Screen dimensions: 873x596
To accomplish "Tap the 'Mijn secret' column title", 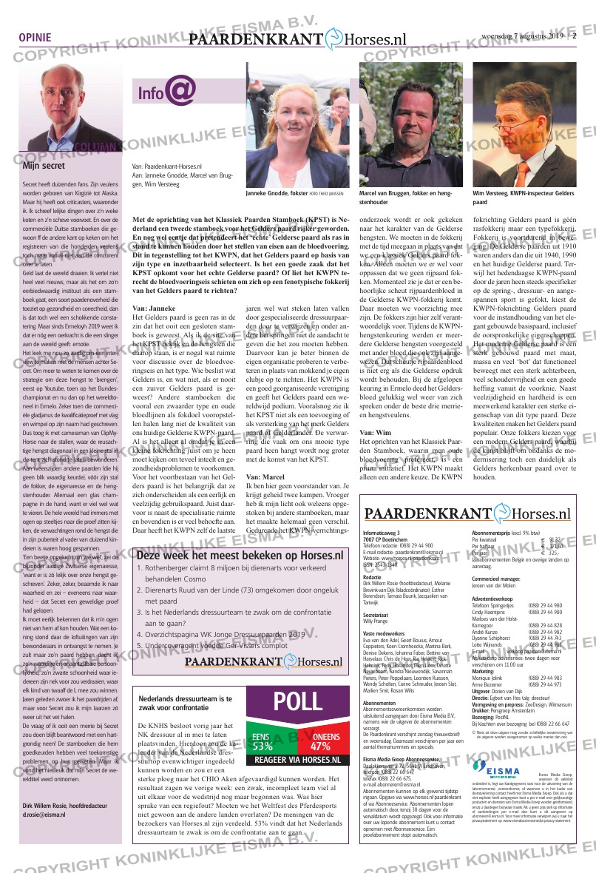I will coord(44,166).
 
